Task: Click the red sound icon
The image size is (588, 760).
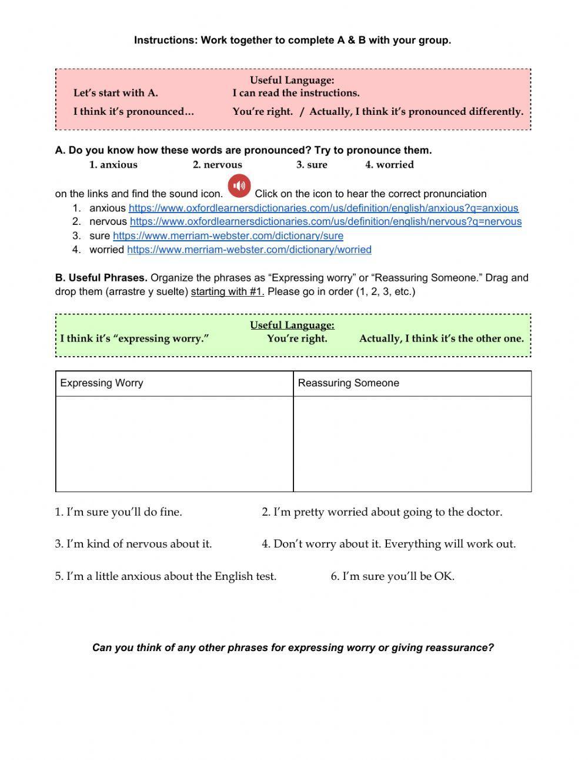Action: click(x=239, y=186)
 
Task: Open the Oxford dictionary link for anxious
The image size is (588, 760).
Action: click(x=323, y=208)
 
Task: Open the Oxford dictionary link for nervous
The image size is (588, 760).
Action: click(x=325, y=221)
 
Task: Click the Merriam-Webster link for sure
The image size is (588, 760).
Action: click(x=228, y=235)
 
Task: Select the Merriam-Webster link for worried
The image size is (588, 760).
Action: click(x=249, y=250)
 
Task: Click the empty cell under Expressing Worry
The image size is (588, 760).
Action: click(x=174, y=444)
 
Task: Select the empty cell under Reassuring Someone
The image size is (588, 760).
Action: click(x=412, y=444)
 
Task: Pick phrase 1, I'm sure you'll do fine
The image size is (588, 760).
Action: click(x=119, y=512)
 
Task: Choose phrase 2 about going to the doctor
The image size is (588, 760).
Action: click(x=382, y=512)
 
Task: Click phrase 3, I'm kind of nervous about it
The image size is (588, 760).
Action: click(x=133, y=544)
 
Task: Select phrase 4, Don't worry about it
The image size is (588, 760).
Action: click(x=388, y=544)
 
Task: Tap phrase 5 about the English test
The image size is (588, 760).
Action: click(x=166, y=576)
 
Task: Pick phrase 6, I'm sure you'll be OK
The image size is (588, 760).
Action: click(x=392, y=576)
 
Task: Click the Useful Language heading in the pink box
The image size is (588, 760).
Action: click(x=292, y=80)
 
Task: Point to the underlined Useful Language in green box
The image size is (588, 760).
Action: click(x=292, y=325)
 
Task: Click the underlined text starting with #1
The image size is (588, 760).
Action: click(x=228, y=291)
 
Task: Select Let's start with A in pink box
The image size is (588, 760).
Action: click(x=115, y=93)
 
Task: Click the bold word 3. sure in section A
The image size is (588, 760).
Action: click(x=312, y=165)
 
